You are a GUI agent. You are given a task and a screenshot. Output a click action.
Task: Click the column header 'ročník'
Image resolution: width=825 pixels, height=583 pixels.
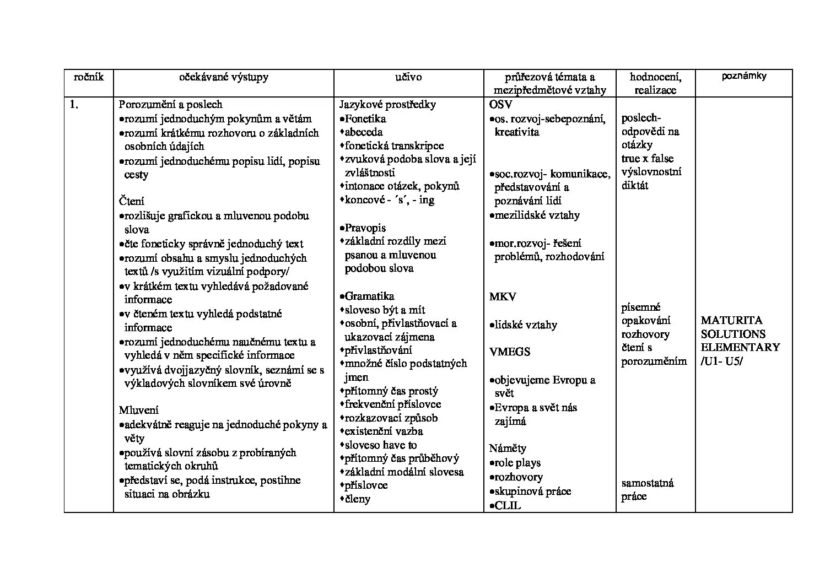[x=88, y=77]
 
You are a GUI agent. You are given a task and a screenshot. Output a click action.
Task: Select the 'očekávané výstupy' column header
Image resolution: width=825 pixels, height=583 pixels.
[x=224, y=77]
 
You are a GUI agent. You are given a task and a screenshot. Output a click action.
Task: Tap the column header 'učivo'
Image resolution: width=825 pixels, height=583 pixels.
[x=408, y=77]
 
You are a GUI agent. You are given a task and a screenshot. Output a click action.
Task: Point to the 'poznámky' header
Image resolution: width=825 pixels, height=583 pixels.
[x=743, y=76]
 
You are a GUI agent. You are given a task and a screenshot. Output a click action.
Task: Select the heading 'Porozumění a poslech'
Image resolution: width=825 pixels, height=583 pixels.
[x=171, y=104]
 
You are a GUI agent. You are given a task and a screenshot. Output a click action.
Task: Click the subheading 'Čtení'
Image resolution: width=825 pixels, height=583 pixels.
[x=132, y=201]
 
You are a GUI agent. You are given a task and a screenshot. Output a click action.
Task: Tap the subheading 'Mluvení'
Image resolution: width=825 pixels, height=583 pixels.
[x=139, y=410]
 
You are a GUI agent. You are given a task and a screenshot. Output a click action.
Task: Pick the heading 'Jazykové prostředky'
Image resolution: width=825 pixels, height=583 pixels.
[x=387, y=104]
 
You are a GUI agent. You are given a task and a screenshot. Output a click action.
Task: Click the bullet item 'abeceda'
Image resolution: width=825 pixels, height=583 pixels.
[x=364, y=132]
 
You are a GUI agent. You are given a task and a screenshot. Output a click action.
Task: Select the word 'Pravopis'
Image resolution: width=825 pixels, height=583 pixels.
[x=365, y=228]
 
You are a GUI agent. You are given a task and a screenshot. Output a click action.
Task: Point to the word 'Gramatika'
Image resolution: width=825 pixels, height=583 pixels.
[x=369, y=296]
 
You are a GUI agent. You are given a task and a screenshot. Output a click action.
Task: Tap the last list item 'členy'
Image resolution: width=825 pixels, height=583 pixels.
[x=358, y=499]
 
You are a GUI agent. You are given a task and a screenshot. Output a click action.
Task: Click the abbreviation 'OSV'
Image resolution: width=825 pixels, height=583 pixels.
[x=500, y=104]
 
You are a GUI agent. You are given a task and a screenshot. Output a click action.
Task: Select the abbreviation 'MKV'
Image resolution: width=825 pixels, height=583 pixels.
[x=503, y=296]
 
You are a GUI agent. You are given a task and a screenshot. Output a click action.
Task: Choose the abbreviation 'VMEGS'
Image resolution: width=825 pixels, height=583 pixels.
[x=510, y=352]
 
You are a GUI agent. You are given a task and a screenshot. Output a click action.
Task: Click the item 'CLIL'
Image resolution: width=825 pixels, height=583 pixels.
[x=508, y=505]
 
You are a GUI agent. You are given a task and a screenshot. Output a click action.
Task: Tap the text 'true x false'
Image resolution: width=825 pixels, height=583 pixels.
[x=648, y=158]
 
